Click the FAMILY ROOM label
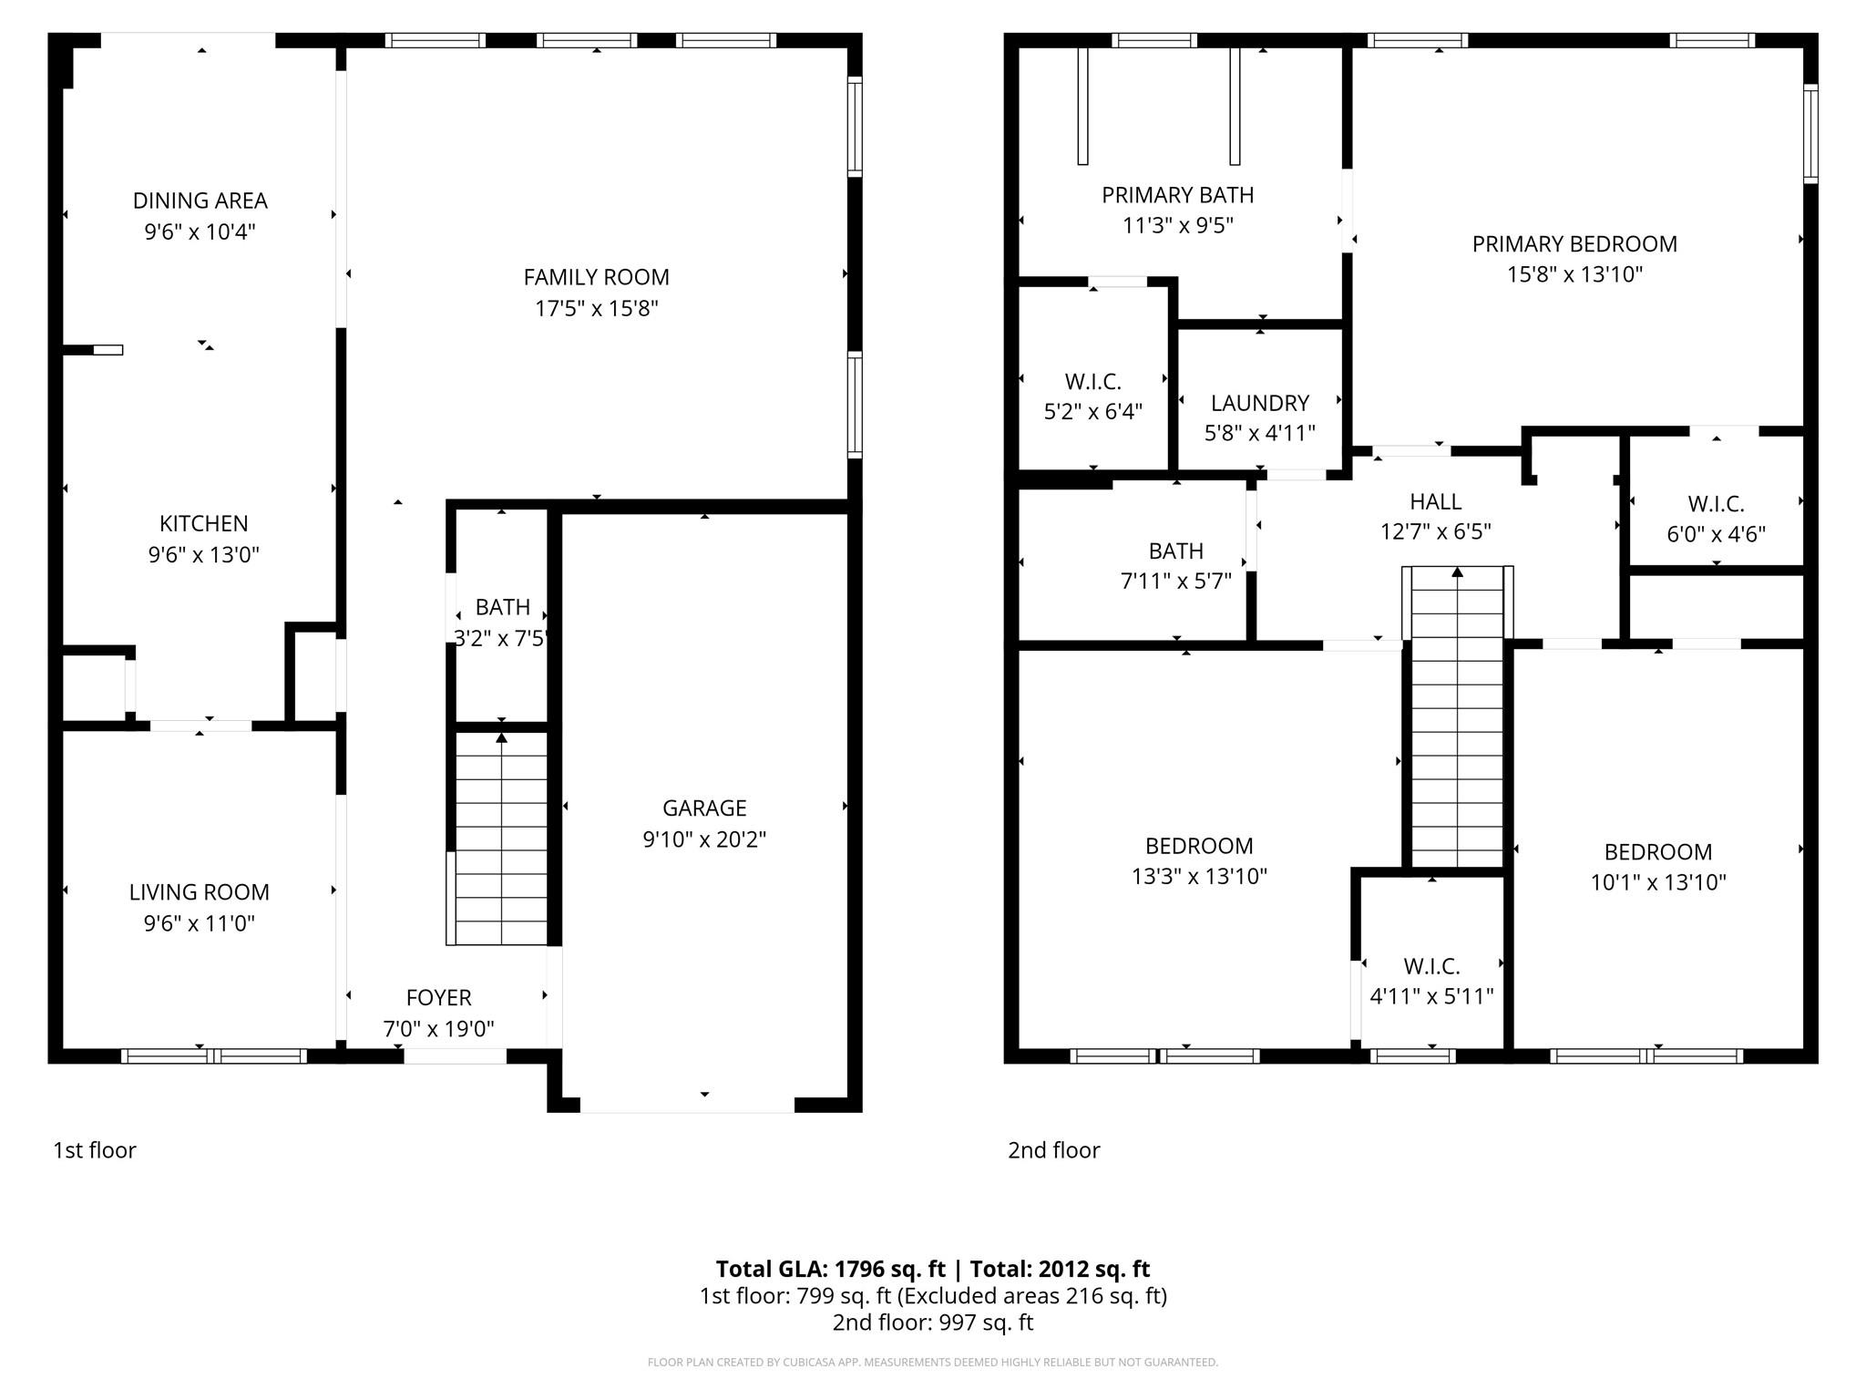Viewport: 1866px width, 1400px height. click(x=596, y=277)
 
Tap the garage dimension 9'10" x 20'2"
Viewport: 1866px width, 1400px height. click(x=704, y=839)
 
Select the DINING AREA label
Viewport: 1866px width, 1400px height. click(x=200, y=201)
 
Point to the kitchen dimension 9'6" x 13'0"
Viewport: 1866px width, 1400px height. click(x=203, y=554)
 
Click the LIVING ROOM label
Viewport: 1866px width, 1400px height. click(x=199, y=892)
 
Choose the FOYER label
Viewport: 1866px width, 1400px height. click(x=438, y=998)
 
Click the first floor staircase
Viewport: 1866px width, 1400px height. click(x=500, y=839)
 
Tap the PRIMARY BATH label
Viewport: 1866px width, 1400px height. click(x=1177, y=195)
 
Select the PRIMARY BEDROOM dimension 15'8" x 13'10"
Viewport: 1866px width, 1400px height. click(x=1574, y=274)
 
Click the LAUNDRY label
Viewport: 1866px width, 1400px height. click(x=1259, y=403)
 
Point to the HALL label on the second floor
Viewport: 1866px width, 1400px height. click(x=1435, y=501)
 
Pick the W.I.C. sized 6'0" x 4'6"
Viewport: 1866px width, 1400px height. click(x=1716, y=519)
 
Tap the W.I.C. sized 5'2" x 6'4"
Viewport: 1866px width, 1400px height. click(x=1092, y=396)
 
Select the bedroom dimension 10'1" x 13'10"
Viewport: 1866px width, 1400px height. click(x=1658, y=882)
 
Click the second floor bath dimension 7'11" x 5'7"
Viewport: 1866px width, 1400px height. click(x=1175, y=581)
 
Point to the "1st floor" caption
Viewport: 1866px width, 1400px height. click(x=95, y=1150)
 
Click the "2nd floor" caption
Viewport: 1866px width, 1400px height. click(x=1053, y=1150)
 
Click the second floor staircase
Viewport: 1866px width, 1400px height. click(x=1457, y=720)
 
